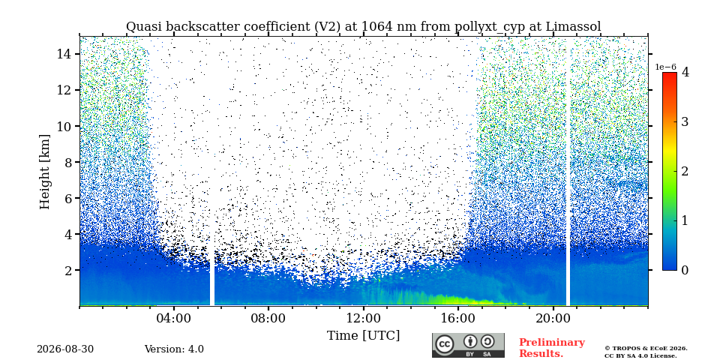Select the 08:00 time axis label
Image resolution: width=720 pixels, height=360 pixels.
click(x=269, y=318)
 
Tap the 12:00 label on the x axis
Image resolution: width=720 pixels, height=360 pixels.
click(x=364, y=318)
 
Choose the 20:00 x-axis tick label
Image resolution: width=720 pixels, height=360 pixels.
click(x=553, y=318)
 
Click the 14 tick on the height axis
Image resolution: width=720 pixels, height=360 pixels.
click(x=64, y=54)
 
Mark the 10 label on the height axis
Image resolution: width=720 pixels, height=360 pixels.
click(x=64, y=126)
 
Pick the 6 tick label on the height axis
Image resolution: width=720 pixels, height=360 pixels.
click(x=69, y=198)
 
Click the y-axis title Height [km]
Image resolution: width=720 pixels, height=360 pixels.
click(x=44, y=172)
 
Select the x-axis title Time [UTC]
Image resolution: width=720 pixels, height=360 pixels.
click(x=363, y=336)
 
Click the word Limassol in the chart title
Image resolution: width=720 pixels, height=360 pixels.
click(x=573, y=27)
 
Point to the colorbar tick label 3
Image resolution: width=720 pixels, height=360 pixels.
click(x=685, y=122)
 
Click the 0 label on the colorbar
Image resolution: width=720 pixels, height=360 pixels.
click(x=685, y=270)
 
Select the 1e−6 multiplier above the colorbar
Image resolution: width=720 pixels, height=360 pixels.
click(x=665, y=67)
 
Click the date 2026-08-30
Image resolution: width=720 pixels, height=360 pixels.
click(x=65, y=349)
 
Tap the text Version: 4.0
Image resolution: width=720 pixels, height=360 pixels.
click(x=174, y=349)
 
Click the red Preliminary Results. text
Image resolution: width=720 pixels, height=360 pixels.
click(x=552, y=348)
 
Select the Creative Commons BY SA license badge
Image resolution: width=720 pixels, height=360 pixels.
click(x=468, y=345)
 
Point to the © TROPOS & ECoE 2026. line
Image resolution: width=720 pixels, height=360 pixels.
click(x=646, y=349)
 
